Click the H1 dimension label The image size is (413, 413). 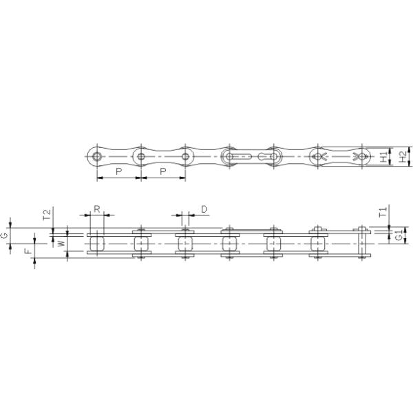(384, 158)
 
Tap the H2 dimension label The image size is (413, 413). (403, 158)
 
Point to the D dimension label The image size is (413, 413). (204, 208)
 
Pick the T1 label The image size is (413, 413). (383, 211)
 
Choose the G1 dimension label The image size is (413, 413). (399, 236)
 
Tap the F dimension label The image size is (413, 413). (27, 253)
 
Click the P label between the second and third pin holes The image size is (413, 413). (162, 171)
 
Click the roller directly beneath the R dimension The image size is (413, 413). (96, 243)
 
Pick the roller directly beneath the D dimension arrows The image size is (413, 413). (185, 243)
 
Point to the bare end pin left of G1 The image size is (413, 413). (361, 243)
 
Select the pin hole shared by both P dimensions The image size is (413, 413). (141, 157)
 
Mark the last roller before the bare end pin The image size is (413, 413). (317, 243)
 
